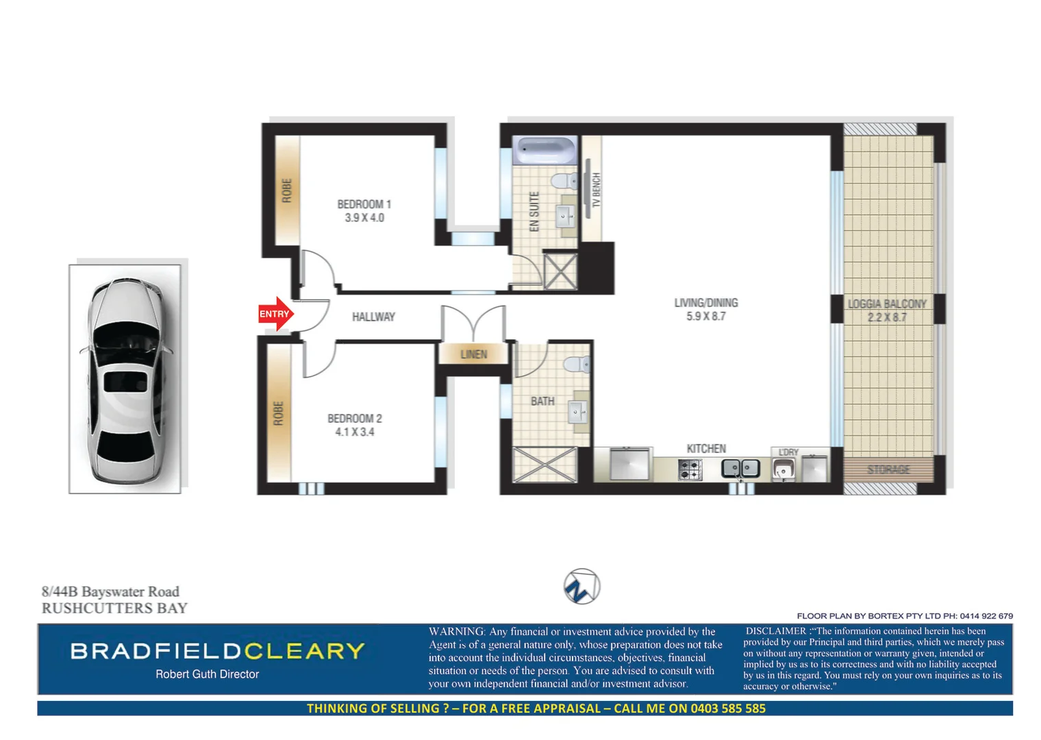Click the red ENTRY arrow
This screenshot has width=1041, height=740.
coord(275,314)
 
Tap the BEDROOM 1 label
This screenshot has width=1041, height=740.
coord(364,204)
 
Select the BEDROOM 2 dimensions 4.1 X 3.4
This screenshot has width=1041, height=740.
coord(354,432)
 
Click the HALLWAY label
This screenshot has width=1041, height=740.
coord(373,317)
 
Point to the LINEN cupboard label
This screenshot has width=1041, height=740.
coord(473,354)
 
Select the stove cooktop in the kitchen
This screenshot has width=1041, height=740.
coord(690,469)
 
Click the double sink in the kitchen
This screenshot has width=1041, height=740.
coord(740,469)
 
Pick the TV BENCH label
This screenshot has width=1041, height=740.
coord(596,190)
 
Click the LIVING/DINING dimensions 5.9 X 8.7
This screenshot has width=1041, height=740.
coord(705,316)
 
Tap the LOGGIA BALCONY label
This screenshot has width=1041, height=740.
coord(887,304)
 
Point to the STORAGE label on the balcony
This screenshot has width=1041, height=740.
coord(888,469)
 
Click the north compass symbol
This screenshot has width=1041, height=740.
coord(581,587)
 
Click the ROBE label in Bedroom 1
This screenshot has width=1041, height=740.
coord(287,190)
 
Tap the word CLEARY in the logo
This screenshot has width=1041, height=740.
coord(304,651)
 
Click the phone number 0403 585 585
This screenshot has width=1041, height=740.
coord(727,708)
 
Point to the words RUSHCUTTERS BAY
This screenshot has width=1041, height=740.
coord(114,608)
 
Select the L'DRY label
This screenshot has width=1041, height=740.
coord(788,452)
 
